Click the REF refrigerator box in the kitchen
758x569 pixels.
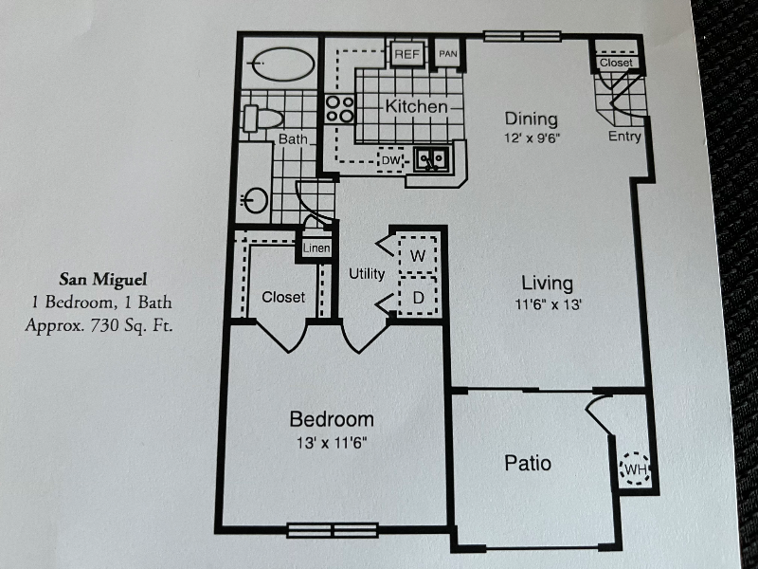pos(407,54)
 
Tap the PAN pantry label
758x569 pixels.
pos(447,54)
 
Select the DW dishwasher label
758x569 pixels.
pos(389,161)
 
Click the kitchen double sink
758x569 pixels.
pos(435,160)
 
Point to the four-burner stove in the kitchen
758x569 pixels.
pos(339,109)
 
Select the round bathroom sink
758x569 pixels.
pos(256,200)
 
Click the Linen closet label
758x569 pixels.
pos(316,248)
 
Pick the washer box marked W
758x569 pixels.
pos(417,255)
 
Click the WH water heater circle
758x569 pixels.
pos(633,469)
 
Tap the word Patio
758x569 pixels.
pos(528,464)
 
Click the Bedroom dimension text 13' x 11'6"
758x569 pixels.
pos(331,441)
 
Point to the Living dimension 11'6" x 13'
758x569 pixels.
pos(547,304)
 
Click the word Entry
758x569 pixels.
pos(624,137)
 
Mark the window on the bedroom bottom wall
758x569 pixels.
pos(333,530)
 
